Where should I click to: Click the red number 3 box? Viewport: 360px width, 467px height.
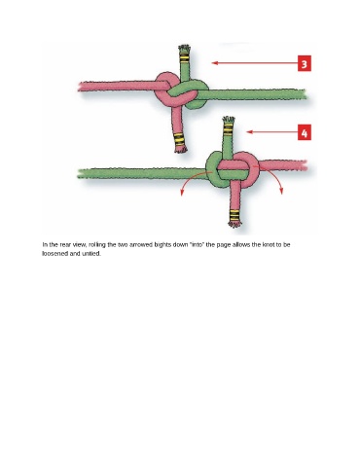(x=305, y=63)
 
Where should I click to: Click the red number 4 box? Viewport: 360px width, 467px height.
(x=305, y=132)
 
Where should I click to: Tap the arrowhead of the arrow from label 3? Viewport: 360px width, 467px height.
(x=214, y=63)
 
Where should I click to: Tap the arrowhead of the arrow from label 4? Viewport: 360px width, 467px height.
(x=249, y=131)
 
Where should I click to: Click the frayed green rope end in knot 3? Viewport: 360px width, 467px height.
(x=184, y=49)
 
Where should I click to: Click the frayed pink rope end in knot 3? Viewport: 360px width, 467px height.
(x=181, y=149)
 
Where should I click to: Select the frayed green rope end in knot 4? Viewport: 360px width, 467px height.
(x=229, y=119)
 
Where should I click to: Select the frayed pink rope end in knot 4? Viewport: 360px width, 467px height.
(x=234, y=224)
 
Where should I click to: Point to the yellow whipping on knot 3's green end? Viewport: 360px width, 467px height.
(x=184, y=58)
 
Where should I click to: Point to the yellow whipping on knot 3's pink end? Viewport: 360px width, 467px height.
(x=179, y=139)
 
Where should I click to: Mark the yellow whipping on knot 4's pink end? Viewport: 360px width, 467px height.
(x=234, y=215)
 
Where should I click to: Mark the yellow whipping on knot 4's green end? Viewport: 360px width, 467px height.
(x=229, y=130)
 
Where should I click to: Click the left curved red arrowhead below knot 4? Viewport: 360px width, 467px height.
(x=182, y=193)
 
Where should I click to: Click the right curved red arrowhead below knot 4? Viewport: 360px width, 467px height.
(x=281, y=192)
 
